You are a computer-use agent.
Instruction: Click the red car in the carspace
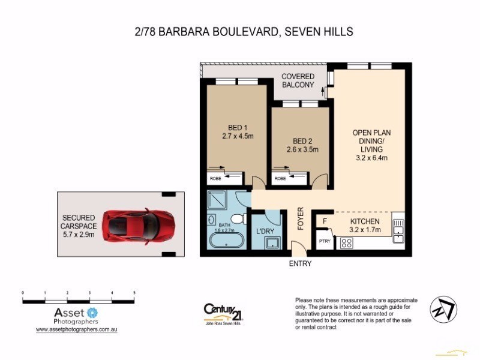pos(139,224)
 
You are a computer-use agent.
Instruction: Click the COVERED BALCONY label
pos(298,81)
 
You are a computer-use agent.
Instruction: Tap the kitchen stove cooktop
pos(347,243)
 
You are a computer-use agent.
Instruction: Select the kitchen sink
pos(399,231)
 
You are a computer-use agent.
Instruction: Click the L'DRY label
pos(265,231)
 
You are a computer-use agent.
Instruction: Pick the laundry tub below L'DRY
pos(273,243)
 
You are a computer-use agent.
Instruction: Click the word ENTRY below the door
pos(300,263)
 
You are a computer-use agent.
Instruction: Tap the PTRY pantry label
pos(325,241)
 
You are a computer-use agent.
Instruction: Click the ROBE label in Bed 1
pos(215,178)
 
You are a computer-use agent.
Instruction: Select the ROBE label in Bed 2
pos(280,178)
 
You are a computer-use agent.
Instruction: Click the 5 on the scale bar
pos(134,292)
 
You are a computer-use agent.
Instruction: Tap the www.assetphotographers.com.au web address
pos(75,329)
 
